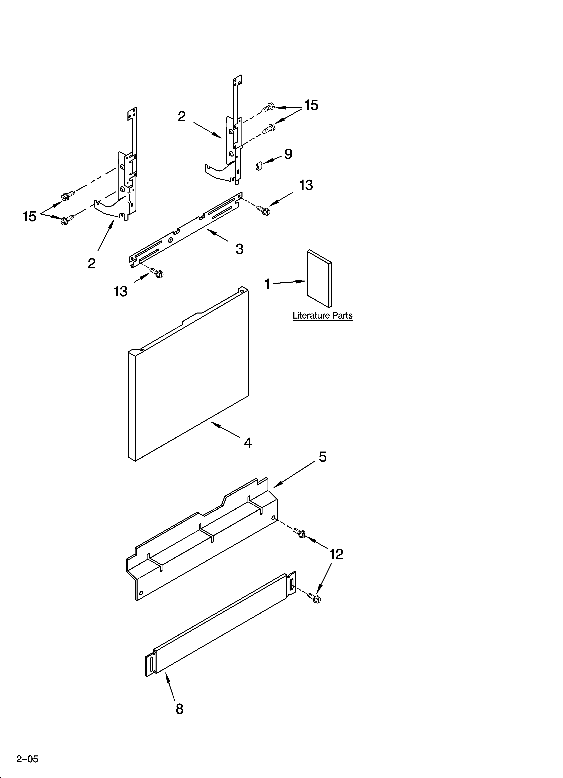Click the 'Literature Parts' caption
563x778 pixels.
coord(322,316)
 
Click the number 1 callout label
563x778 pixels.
coord(267,284)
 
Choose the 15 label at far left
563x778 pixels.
coord(29,216)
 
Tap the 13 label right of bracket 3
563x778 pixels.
coord(306,185)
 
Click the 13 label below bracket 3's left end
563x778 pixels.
coord(120,292)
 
